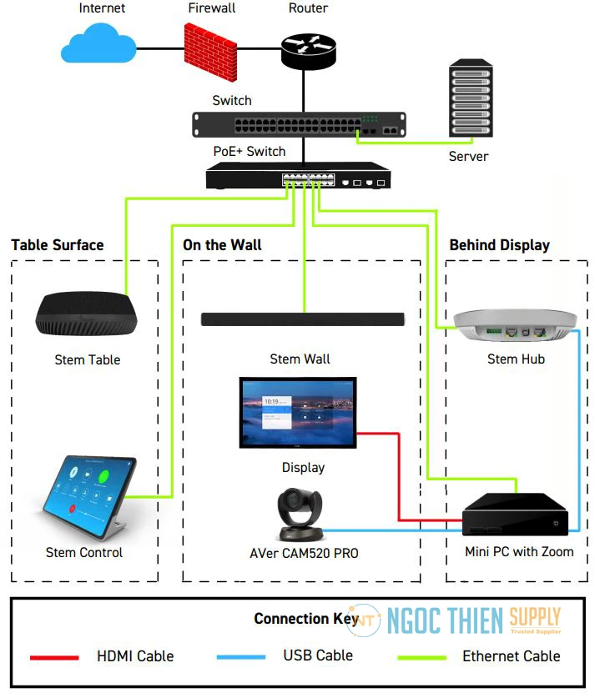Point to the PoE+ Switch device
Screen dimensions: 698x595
pos(299,176)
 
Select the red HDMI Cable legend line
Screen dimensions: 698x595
pos(55,657)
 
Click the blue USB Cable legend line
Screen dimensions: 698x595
pos(241,657)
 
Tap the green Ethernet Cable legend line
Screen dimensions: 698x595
pos(421,657)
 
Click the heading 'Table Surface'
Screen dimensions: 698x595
pos(58,245)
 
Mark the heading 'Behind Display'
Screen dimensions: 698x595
pos(499,245)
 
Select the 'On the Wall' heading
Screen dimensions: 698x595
pos(222,245)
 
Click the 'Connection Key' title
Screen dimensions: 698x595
pos(302,619)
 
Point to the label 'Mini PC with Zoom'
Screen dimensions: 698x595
pos(519,552)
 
